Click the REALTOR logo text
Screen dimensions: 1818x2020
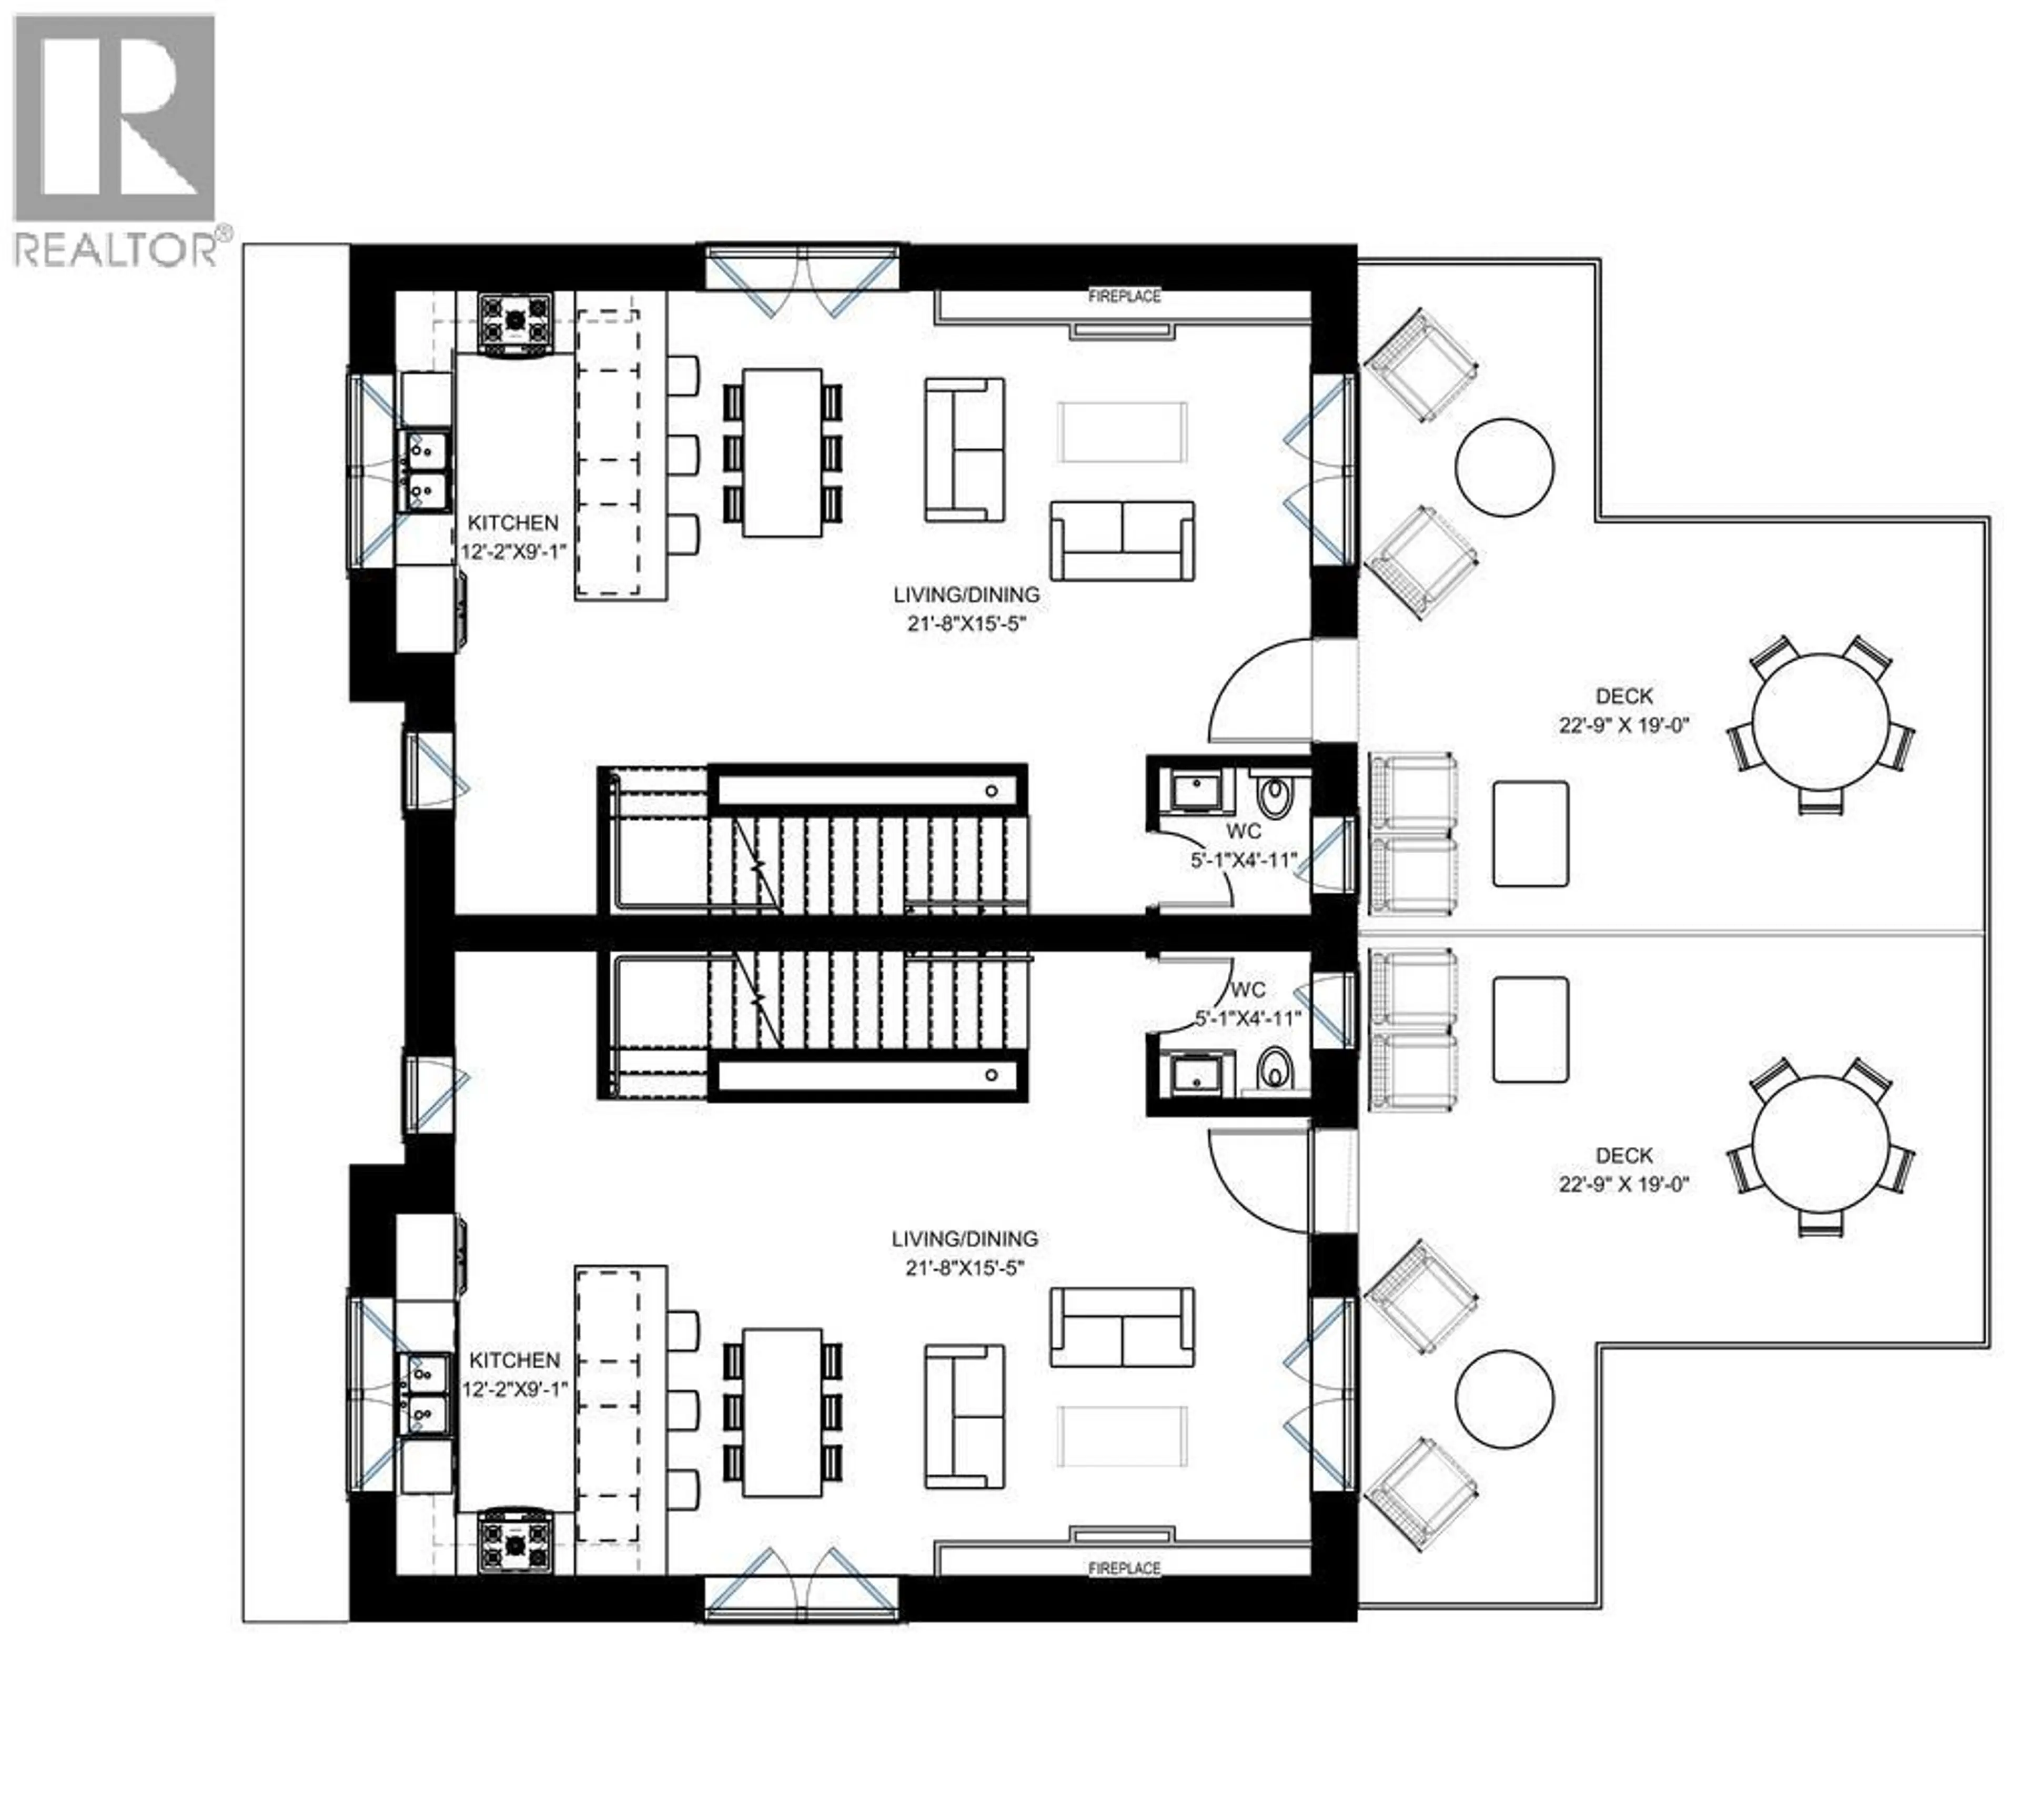pos(115,249)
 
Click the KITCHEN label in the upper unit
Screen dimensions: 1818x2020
pos(512,522)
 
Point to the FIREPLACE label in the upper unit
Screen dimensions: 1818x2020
pos(1124,297)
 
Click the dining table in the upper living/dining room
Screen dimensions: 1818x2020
pos(782,452)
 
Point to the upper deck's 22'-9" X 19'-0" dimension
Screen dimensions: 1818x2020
pos(1623,725)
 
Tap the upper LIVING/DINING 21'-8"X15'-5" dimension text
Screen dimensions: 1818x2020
pos(965,624)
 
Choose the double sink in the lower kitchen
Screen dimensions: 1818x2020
pos(426,1393)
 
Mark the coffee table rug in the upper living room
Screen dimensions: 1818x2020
pos(1123,432)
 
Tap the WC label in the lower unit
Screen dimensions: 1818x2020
pos(1248,990)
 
